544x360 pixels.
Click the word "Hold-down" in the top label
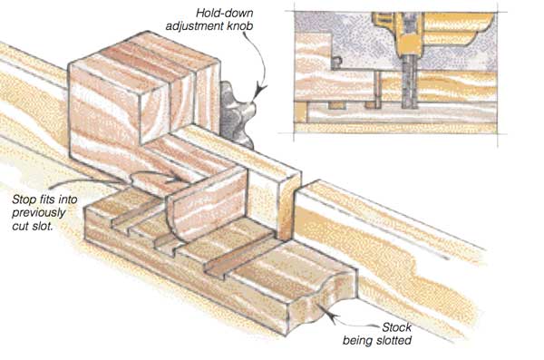[225, 14]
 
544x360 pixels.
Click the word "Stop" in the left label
[24, 199]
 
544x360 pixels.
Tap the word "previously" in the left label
[38, 213]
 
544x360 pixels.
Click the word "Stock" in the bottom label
[396, 327]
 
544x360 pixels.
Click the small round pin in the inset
[336, 61]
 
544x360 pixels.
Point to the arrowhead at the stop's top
[177, 179]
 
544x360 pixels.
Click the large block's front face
[104, 114]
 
